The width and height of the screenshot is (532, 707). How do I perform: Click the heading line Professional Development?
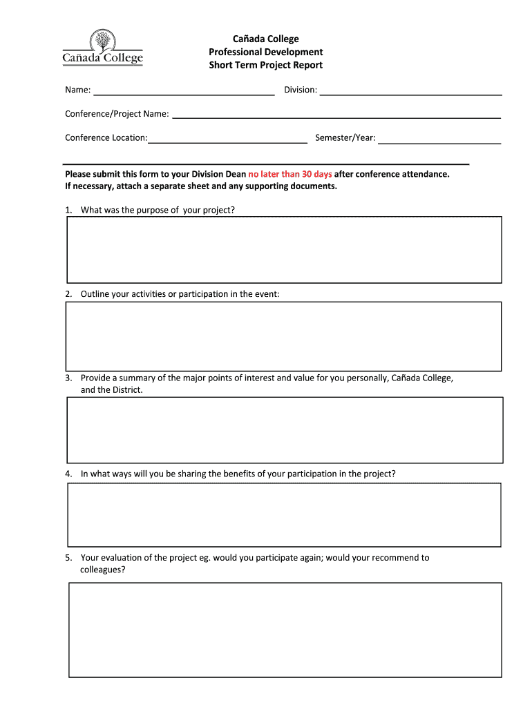pos(266,52)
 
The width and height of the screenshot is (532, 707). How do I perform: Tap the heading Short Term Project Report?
pos(266,65)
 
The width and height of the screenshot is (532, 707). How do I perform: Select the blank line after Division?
pos(410,91)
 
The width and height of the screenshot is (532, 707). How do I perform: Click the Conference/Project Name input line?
pos(336,115)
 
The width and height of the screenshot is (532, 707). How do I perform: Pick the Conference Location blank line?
pos(227,139)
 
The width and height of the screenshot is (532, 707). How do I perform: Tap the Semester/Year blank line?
pos(439,139)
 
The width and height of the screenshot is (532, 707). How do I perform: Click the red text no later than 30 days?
pos(290,174)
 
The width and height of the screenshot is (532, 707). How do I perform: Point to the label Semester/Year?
pos(345,137)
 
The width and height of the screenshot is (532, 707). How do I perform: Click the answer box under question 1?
pos(284,249)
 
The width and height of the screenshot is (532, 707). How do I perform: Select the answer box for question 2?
pos(283,336)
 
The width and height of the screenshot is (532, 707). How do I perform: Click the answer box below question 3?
pos(285,429)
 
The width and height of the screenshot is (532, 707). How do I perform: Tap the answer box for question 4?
pos(284,514)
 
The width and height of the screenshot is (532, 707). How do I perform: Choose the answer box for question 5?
pos(285,630)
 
